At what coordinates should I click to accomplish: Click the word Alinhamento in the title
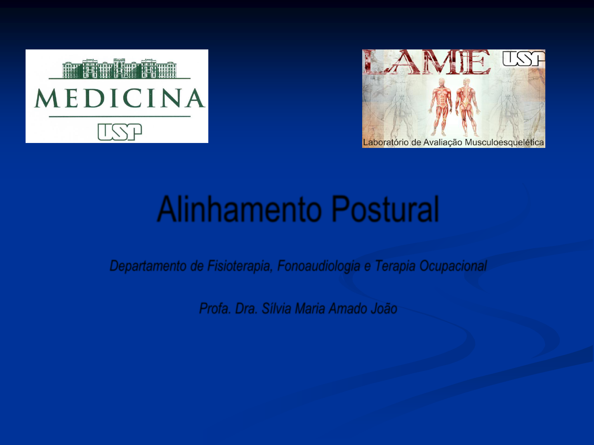click(x=240, y=209)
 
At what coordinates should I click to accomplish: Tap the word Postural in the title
click(x=385, y=209)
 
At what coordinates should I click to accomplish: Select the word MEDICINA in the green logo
click(x=120, y=98)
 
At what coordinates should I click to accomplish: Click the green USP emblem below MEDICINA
click(x=120, y=132)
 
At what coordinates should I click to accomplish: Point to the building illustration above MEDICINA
click(x=119, y=68)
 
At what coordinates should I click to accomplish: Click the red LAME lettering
click(x=427, y=62)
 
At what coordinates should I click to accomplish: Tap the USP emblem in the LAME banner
click(x=523, y=59)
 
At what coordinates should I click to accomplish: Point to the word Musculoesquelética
click(x=504, y=143)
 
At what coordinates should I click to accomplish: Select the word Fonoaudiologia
click(x=319, y=266)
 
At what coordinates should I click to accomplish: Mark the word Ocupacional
click(x=453, y=266)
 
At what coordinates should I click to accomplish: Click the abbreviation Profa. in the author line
click(x=215, y=309)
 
